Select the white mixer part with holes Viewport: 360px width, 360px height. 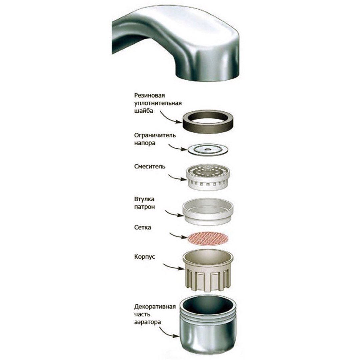coord(208,177)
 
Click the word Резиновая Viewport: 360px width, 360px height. coord(149,95)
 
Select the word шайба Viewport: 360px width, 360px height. coord(143,111)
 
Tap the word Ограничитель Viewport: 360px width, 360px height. coord(155,135)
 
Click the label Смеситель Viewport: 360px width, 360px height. coord(150,166)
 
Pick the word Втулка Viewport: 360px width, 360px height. coord(144,199)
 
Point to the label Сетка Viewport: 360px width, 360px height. coord(143,227)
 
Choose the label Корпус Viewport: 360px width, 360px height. coord(144,257)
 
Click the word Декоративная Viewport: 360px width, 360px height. coord(155,307)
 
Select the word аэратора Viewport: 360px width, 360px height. coord(147,322)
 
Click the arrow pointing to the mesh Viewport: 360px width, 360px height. coord(178,236)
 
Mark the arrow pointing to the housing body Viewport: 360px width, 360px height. coord(173,266)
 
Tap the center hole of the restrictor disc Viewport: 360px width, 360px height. coord(208,149)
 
